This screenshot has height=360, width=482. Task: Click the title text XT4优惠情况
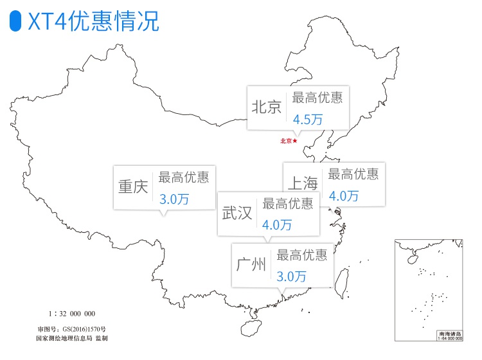(94, 22)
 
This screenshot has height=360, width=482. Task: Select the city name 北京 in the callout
(267, 107)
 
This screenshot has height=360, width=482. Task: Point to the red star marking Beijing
(295, 141)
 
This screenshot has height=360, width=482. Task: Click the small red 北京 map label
(286, 141)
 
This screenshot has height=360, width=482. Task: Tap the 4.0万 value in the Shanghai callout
(343, 196)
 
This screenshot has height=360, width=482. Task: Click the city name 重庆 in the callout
(133, 187)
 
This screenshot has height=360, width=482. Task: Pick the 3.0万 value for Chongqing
(174, 199)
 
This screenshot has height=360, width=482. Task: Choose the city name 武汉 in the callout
(237, 213)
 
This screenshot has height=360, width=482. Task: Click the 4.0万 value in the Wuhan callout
(277, 225)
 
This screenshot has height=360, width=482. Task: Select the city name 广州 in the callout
(251, 264)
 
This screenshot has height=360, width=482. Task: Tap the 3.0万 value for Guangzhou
(291, 276)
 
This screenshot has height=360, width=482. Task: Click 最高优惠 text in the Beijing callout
(317, 98)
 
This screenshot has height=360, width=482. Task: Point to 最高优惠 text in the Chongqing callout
(184, 177)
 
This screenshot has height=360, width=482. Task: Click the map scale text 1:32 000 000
(72, 314)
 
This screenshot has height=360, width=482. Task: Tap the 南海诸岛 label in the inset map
(449, 334)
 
